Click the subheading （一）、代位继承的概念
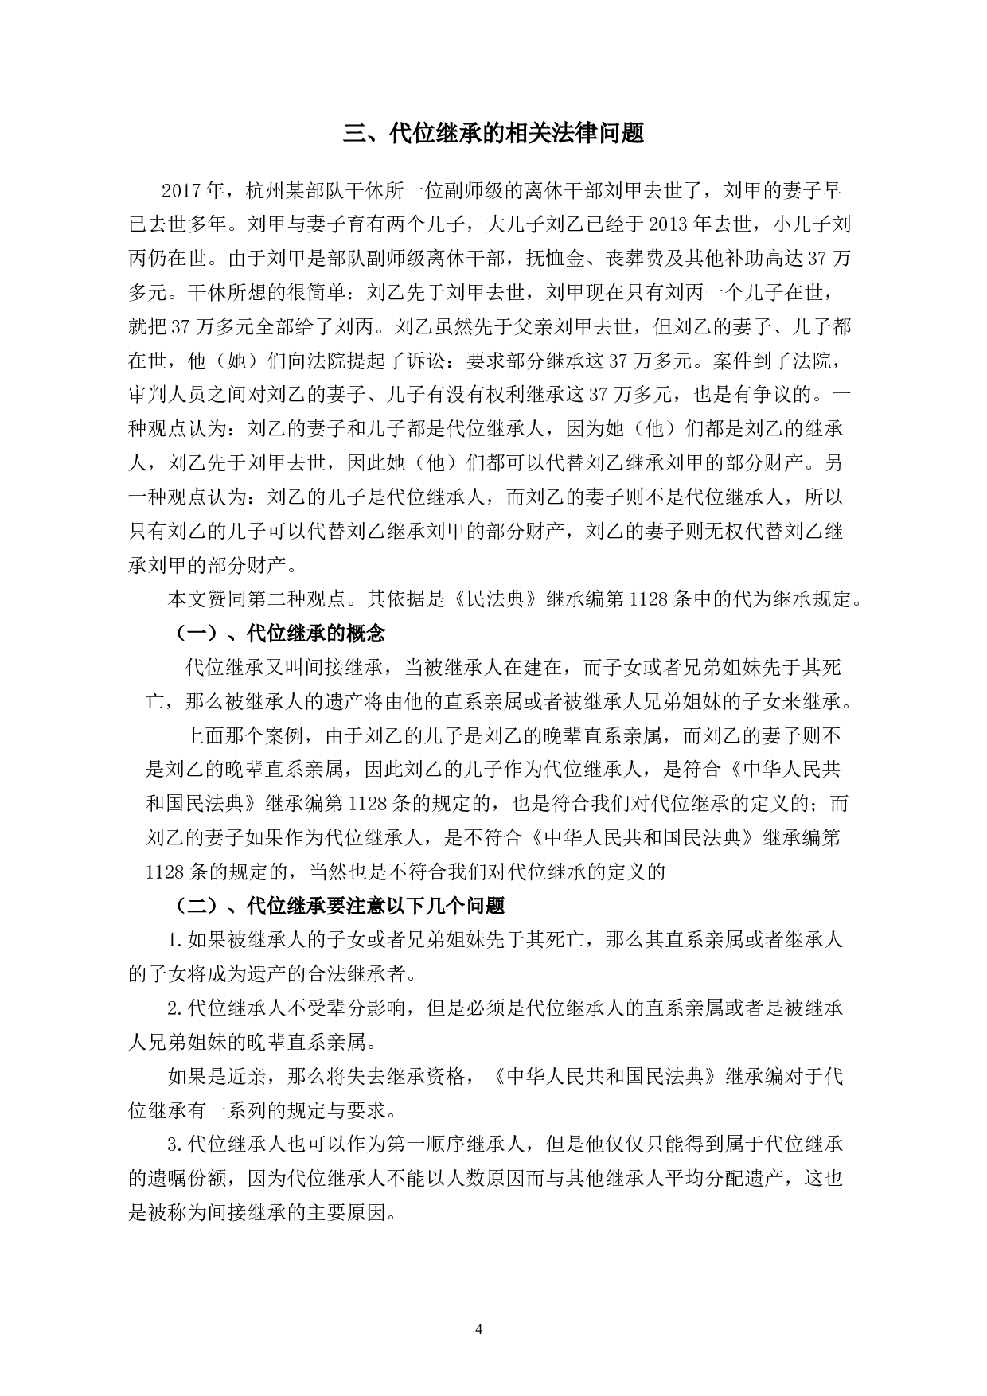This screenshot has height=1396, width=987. (279, 634)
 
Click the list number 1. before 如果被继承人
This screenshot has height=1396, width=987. (176, 940)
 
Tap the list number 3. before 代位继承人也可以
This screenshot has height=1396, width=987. (176, 1145)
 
